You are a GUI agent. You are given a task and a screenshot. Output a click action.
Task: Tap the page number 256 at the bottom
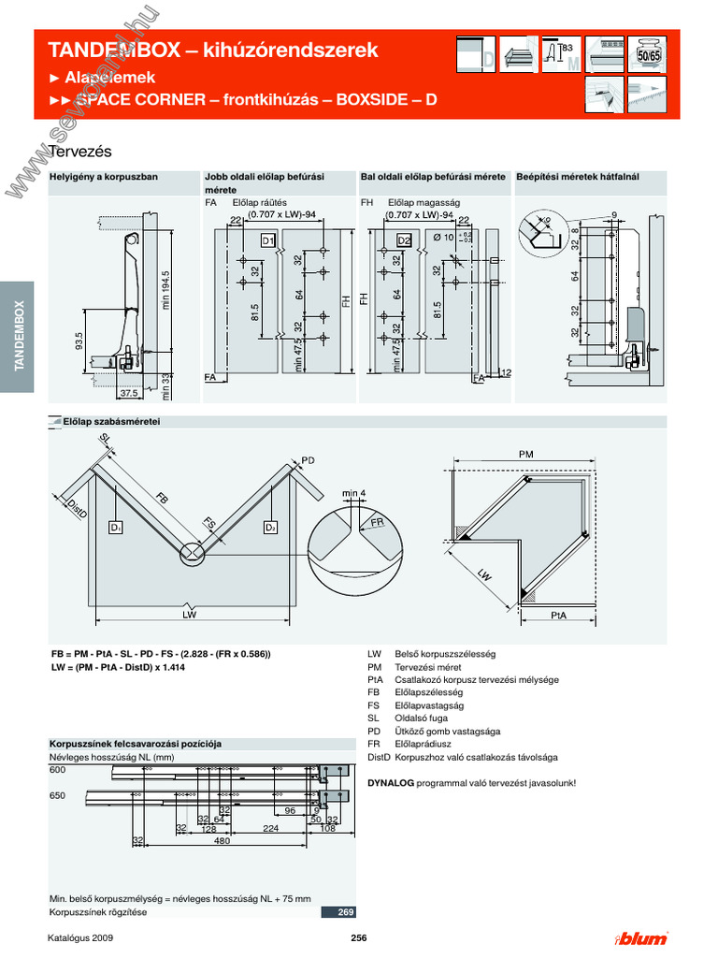358,938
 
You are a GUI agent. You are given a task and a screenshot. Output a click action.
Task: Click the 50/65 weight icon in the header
648,55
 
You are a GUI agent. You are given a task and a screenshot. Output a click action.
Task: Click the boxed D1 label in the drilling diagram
268,240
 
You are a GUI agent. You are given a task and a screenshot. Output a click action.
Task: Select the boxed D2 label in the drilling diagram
404,240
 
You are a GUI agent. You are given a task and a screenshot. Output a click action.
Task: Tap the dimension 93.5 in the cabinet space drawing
79,341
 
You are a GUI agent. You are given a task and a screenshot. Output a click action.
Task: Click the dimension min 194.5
165,292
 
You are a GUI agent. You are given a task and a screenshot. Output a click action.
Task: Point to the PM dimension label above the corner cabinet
525,454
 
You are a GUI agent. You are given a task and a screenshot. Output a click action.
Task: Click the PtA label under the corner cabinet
559,615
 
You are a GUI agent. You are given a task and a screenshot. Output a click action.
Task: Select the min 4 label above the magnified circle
353,492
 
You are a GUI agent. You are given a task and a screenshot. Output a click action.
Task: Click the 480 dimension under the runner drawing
223,840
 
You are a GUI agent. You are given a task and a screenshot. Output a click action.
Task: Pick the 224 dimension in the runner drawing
270,829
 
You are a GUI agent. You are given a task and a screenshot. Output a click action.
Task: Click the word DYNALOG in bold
391,782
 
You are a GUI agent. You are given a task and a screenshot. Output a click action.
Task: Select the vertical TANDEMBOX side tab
17,337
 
